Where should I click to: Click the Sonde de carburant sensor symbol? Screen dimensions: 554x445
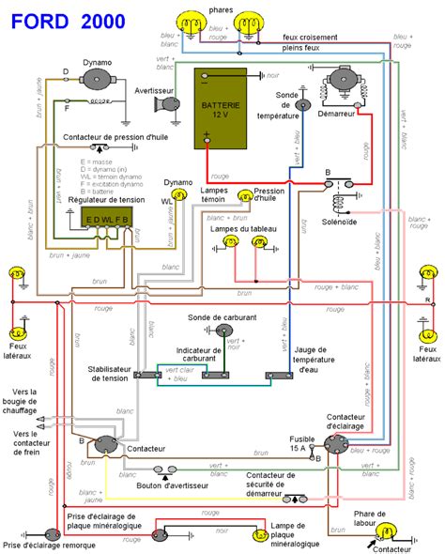pyautogui.click(x=222, y=331)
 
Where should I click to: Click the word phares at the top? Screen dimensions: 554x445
pyautogui.click(x=221, y=8)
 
